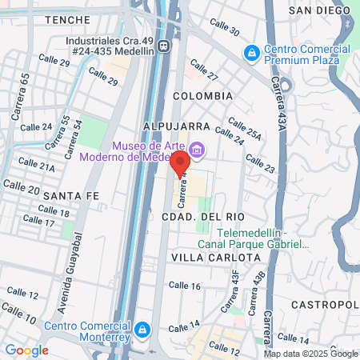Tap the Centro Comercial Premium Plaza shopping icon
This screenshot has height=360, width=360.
(252, 52)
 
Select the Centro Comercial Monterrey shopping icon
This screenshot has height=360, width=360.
(142, 330)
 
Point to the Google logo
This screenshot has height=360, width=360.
(27, 350)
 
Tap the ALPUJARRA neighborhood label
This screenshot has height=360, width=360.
(176, 126)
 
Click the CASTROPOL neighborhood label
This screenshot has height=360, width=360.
(324, 305)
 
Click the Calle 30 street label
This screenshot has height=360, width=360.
(224, 28)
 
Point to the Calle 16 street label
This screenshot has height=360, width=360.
(184, 286)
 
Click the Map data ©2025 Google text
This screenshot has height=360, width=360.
(311, 354)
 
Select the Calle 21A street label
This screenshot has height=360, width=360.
(38, 168)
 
